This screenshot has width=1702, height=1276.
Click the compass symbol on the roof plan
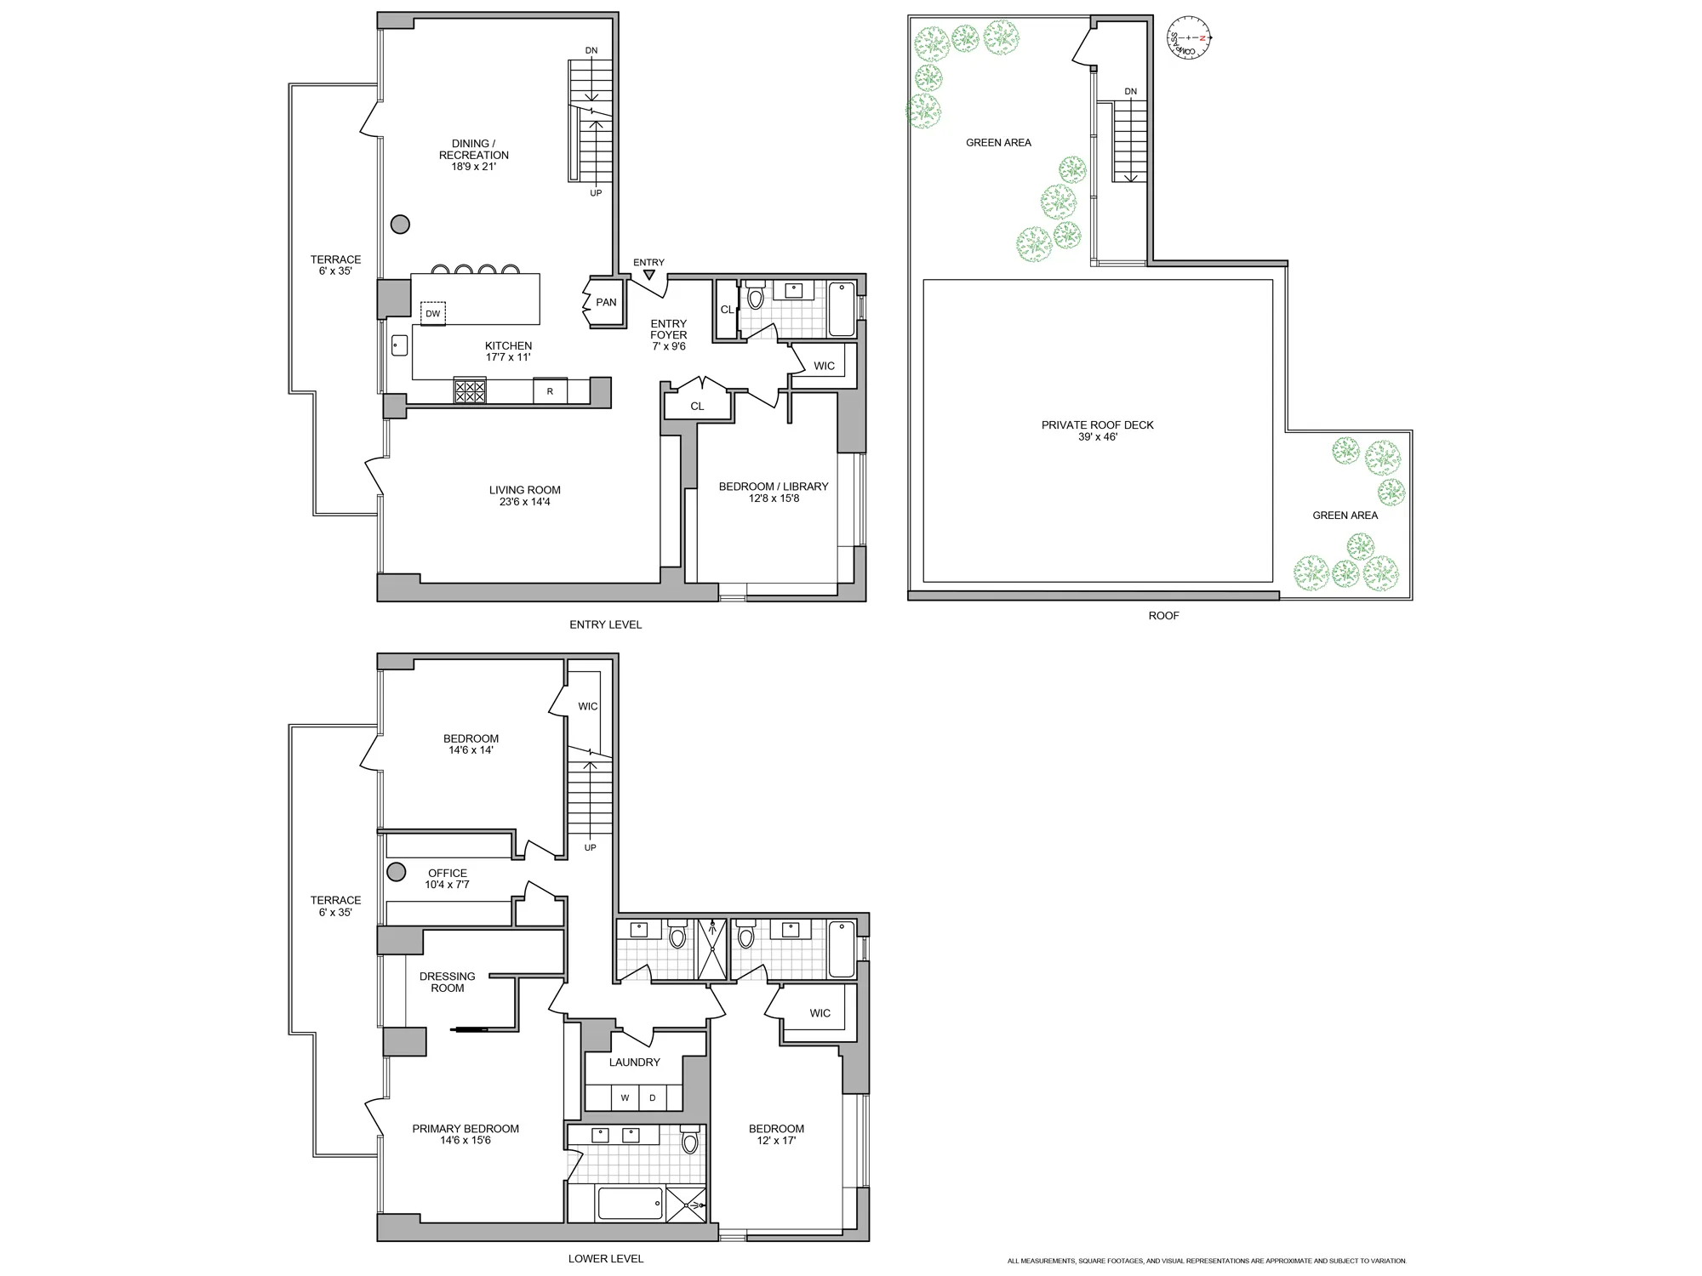[x=1189, y=38]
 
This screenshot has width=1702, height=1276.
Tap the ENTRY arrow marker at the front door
[x=649, y=275]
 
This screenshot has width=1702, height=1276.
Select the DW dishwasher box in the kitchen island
[x=432, y=313]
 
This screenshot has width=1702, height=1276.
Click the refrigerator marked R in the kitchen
[x=550, y=391]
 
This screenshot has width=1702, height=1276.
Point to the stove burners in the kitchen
[x=470, y=390]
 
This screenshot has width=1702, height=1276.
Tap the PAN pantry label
[x=606, y=302]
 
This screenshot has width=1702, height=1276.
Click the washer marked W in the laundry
[x=625, y=1097]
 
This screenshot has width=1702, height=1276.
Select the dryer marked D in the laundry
[x=653, y=1097]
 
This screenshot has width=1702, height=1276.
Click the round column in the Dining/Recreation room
[x=400, y=225]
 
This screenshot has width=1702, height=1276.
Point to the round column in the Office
[x=396, y=872]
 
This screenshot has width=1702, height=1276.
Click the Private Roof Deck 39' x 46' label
[x=1097, y=430]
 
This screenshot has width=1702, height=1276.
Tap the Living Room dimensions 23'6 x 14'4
[x=525, y=502]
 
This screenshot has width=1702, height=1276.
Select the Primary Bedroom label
[x=465, y=1129]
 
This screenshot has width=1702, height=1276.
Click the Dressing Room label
[x=448, y=982]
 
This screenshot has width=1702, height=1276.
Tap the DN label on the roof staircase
[x=1130, y=92]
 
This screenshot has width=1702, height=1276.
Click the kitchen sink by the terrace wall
[x=400, y=345]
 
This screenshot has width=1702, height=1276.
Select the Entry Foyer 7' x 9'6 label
[x=668, y=334]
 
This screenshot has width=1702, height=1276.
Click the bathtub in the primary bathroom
[x=631, y=1203]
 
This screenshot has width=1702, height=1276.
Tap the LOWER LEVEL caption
[x=605, y=1258]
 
